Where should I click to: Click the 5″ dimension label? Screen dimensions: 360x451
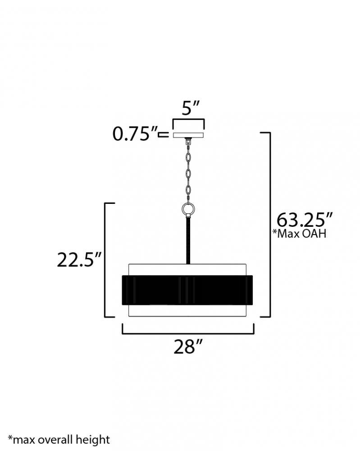190,108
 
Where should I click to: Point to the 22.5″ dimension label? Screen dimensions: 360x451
79,260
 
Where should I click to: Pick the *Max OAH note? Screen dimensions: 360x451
299,234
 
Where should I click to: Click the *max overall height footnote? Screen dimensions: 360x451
59,439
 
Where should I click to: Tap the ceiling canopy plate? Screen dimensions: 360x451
188,135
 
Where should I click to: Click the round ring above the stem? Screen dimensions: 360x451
188,208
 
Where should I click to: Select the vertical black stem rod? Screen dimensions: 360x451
188,241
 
